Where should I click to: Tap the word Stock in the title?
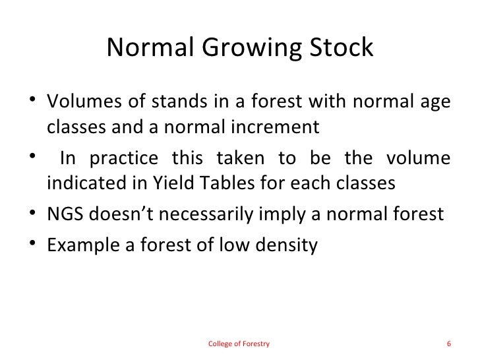click(342, 49)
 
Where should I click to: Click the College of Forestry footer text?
click(238, 344)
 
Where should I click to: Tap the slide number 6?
click(448, 344)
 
